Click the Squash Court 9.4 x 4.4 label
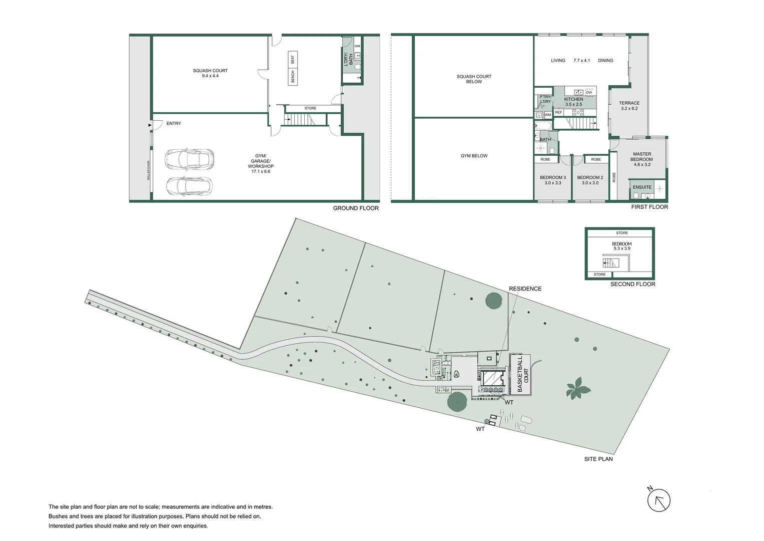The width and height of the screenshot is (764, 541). pyautogui.click(x=210, y=73)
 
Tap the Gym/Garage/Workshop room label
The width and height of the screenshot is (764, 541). pyautogui.click(x=260, y=163)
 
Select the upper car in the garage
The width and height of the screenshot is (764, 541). pyautogui.click(x=189, y=159)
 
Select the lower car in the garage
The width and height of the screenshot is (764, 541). pyautogui.click(x=189, y=186)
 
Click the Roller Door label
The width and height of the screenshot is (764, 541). pyautogui.click(x=149, y=170)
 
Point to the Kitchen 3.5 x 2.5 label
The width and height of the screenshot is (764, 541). pyautogui.click(x=573, y=102)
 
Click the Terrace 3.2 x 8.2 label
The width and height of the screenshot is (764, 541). pyautogui.click(x=629, y=106)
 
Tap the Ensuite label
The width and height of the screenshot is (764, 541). pyautogui.click(x=642, y=187)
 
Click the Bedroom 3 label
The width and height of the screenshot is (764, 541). pyautogui.click(x=552, y=180)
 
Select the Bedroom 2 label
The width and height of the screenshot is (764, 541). pyautogui.click(x=590, y=180)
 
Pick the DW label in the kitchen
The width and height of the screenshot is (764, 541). pyautogui.click(x=589, y=92)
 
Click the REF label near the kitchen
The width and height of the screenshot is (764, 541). pyautogui.click(x=558, y=112)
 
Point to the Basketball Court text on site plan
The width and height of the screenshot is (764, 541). pyautogui.click(x=522, y=374)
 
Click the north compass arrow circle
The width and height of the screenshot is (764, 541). pyautogui.click(x=659, y=500)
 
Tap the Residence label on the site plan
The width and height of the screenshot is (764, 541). pyautogui.click(x=525, y=289)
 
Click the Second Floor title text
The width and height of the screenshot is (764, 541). pyautogui.click(x=632, y=284)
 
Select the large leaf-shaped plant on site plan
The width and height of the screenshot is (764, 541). pyautogui.click(x=578, y=388)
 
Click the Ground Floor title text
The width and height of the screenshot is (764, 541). pyautogui.click(x=356, y=208)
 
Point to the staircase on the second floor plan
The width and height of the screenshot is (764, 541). pyautogui.click(x=610, y=262)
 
